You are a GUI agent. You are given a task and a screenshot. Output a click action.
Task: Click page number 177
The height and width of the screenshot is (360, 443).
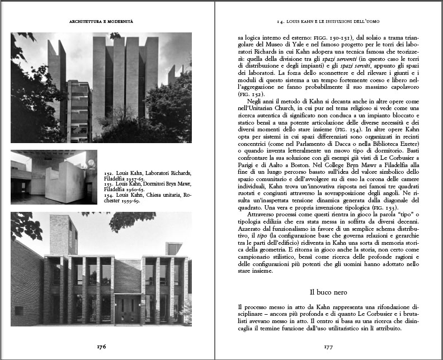tap(329, 346)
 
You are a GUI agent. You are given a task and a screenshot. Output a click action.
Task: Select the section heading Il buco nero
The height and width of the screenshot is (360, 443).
tap(329, 292)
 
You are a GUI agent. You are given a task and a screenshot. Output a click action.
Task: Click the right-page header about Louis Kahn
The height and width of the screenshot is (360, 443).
tap(329, 21)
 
